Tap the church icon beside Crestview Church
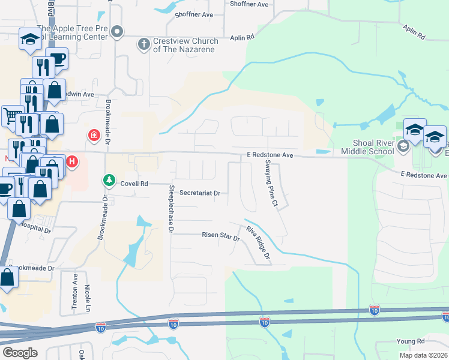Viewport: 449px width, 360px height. click(x=143, y=44)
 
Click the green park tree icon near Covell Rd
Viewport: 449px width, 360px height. click(x=109, y=179)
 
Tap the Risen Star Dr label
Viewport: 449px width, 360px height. click(x=220, y=238)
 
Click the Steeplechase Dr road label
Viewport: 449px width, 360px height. click(x=170, y=209)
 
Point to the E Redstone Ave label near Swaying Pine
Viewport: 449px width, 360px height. click(x=270, y=155)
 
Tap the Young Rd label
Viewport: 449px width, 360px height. click(x=411, y=341)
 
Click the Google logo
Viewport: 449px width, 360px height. click(x=20, y=352)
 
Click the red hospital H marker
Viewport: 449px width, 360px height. click(x=72, y=161)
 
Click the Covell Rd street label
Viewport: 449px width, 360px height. click(x=134, y=184)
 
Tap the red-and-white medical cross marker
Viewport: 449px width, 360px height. click(x=94, y=135)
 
